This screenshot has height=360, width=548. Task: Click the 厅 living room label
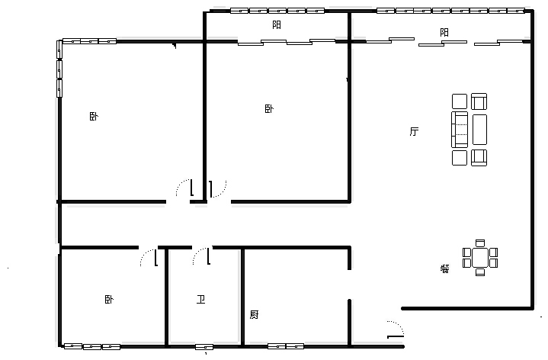pos(414,131)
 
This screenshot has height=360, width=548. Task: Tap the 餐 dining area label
pos(444,268)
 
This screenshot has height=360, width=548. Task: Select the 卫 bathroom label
pos(200,299)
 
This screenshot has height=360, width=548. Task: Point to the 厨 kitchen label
pos(254,315)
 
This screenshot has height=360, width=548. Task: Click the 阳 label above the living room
pos(444,33)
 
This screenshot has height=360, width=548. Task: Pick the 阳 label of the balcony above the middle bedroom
pos(277,25)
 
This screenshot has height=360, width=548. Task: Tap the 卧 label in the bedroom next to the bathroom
pos(109,300)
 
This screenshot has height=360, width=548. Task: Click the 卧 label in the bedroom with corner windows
pos(94,116)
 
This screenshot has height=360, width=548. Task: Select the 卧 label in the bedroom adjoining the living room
pos(269,109)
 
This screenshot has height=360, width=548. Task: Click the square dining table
pos(480,258)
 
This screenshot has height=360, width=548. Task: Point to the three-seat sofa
pos(460,130)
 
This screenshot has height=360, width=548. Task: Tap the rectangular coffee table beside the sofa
pos(480,130)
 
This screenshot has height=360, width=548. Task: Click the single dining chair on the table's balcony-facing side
pos(480,243)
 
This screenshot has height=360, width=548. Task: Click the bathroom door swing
pos(202,256)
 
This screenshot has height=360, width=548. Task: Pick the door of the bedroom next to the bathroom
pos(149,257)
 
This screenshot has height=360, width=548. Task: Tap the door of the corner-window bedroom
pos(185,188)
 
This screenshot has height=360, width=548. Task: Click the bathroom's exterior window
pos(204,347)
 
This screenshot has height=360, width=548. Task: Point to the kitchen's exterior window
pos(286,346)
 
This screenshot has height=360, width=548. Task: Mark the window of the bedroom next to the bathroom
pos(92,347)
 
